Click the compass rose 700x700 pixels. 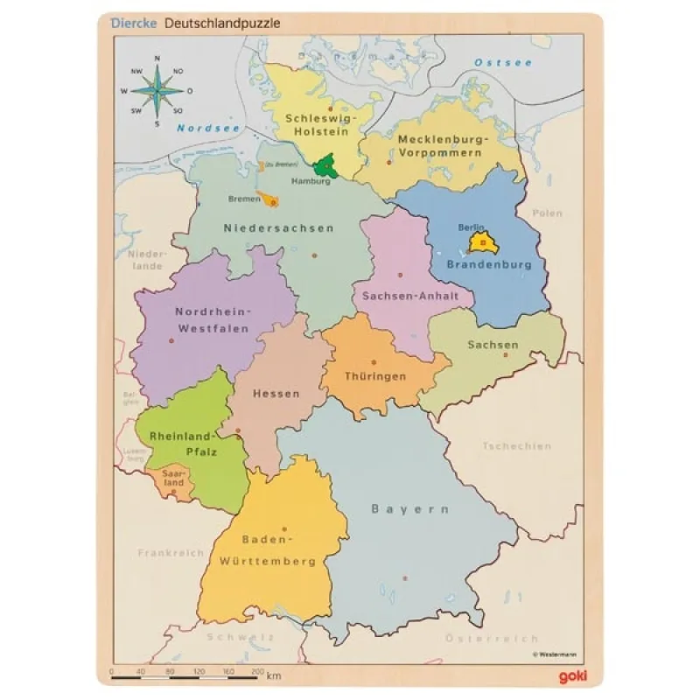(x=157, y=90)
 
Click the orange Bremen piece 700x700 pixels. (x=269, y=199)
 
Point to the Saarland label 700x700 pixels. (x=174, y=478)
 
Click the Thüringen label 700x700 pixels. (x=374, y=376)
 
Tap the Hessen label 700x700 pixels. (x=276, y=393)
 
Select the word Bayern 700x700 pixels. (x=409, y=508)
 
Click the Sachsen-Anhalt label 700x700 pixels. (x=410, y=296)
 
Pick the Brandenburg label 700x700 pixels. (x=489, y=263)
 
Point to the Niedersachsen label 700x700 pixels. (x=278, y=228)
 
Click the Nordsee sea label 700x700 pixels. (x=196, y=128)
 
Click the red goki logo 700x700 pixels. (x=570, y=675)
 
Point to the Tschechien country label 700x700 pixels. (x=516, y=446)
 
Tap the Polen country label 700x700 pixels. (x=548, y=213)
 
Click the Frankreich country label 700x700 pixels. (x=170, y=553)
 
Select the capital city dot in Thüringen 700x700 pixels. (x=374, y=361)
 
